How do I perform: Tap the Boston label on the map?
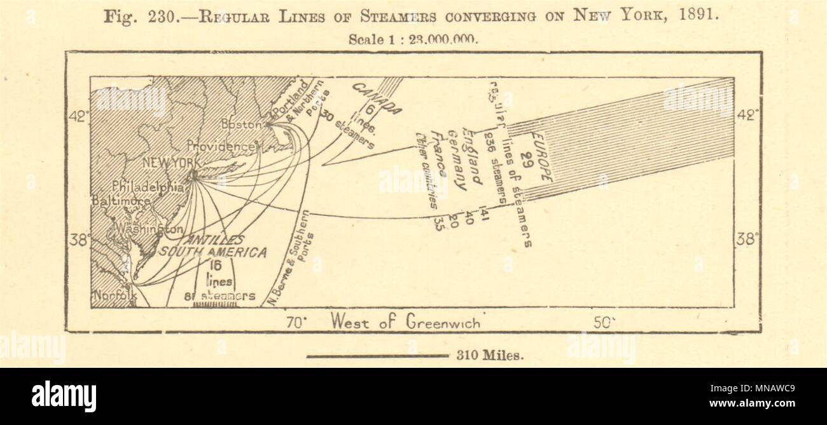242,125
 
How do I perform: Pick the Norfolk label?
115,296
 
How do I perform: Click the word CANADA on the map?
377,98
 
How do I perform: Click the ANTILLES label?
214,240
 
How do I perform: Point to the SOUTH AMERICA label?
212,252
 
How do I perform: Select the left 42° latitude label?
80,116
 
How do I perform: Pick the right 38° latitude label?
747,239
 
